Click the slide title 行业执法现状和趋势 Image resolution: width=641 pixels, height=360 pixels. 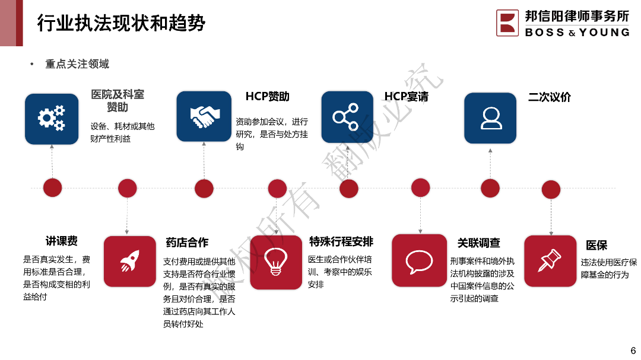click(121, 23)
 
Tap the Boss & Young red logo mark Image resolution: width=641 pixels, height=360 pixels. click(507, 23)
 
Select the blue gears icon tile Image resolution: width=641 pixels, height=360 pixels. click(52, 119)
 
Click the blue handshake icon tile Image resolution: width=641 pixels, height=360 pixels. click(204, 116)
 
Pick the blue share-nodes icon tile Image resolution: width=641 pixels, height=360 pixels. click(347, 117)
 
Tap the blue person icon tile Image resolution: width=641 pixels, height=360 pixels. click(490, 117)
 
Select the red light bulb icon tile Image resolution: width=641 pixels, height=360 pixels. click(276, 262)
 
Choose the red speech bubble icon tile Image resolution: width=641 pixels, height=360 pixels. click(419, 261)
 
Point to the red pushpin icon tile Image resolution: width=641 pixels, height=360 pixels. click(550, 261)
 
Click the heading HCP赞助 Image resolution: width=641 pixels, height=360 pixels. click(267, 97)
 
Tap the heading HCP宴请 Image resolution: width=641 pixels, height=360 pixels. click(406, 97)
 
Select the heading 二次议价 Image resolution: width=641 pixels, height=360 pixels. click(549, 97)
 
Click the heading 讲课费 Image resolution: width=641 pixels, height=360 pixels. click(62, 241)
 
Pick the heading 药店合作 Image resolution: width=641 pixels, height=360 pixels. click(187, 243)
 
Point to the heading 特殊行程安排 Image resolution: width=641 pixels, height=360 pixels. click(341, 241)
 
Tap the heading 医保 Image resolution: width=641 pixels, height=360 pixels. click(596, 245)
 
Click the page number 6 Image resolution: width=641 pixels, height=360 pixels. click(633, 350)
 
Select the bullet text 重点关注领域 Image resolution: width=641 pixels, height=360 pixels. click(77, 64)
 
